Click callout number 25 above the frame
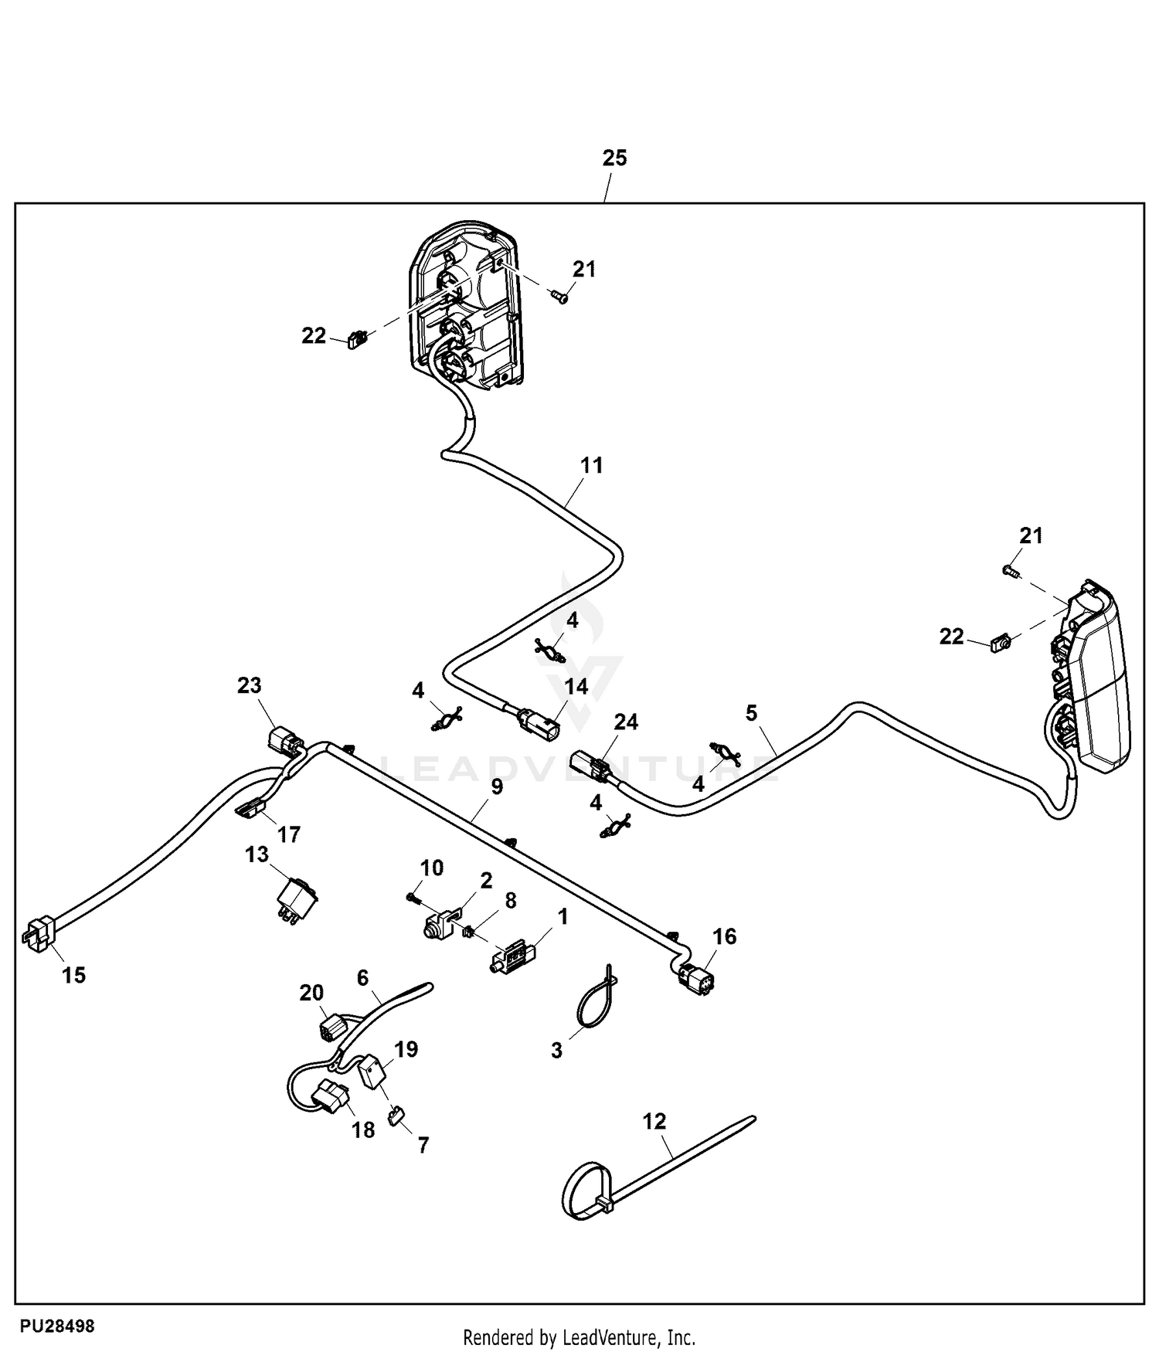tap(614, 158)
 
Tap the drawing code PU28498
tap(57, 1327)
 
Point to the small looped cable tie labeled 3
tap(595, 1004)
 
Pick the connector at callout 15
tap(39, 935)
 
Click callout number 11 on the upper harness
tap(591, 465)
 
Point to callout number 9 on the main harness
tap(496, 786)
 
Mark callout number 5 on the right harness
tap(752, 712)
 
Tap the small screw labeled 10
tap(413, 897)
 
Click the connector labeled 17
tap(248, 809)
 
